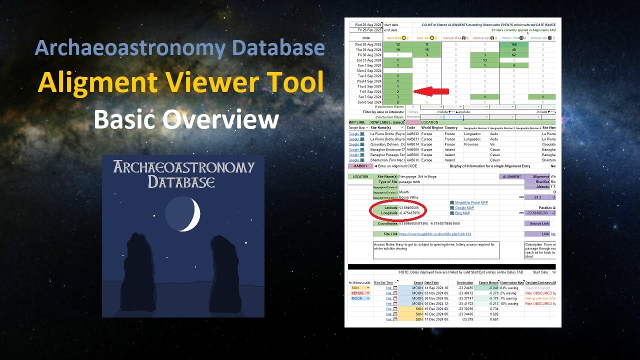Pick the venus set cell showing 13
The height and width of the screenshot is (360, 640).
pyautogui.click(x=484, y=60)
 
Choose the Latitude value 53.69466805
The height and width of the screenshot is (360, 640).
pyautogui.click(x=409, y=207)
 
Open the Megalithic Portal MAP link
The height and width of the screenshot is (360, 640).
pyautogui.click(x=471, y=202)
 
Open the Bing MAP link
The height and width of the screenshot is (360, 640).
pyautogui.click(x=462, y=213)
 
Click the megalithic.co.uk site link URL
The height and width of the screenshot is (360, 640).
pyautogui.click(x=435, y=234)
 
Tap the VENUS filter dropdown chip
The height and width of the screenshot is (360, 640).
pyautogui.click(x=360, y=293)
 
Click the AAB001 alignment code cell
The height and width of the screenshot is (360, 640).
pyautogui.click(x=360, y=166)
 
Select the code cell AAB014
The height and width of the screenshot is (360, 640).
pyautogui.click(x=412, y=144)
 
